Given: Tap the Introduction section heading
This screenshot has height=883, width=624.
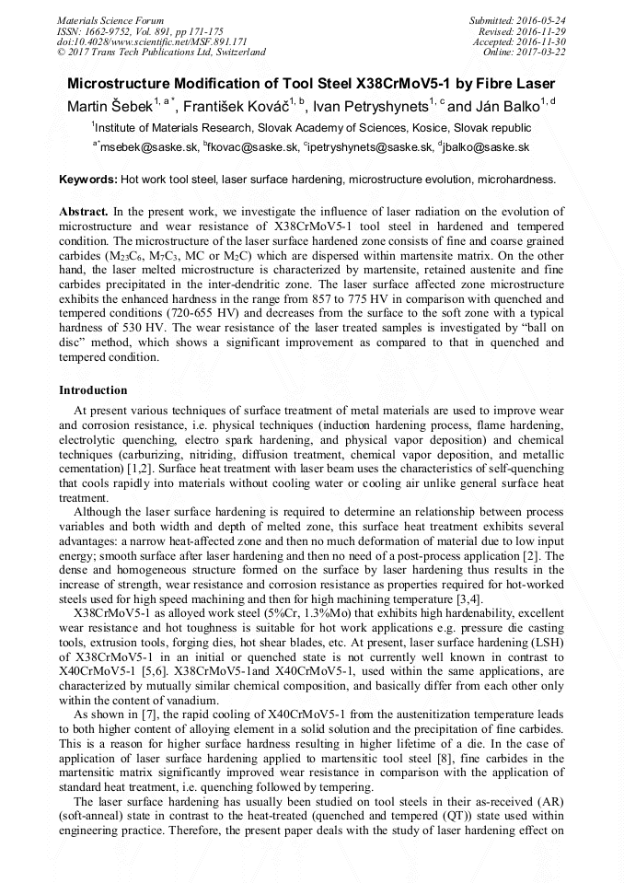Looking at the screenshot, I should point(93,390).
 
